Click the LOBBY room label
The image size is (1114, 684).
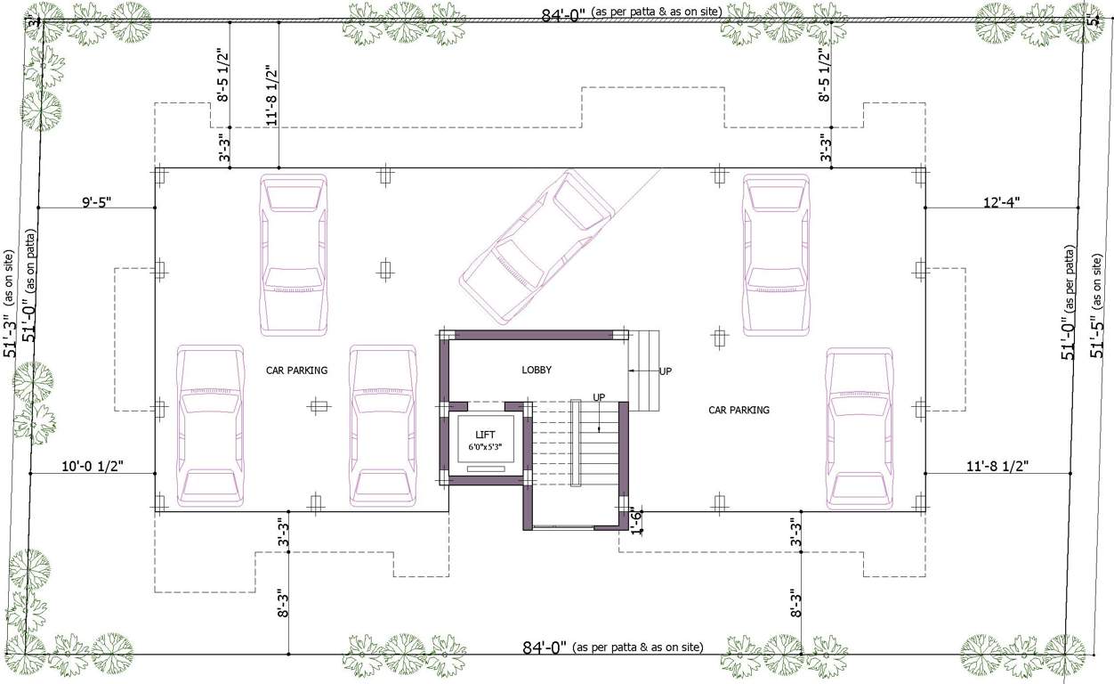(537, 370)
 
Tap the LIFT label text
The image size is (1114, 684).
(485, 434)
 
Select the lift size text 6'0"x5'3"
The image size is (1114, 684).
(485, 446)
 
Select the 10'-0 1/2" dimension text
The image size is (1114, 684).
(92, 466)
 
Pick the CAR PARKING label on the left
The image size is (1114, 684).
(296, 370)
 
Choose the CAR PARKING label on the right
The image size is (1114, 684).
(739, 411)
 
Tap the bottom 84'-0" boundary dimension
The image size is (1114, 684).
(545, 647)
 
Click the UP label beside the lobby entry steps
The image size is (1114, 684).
(666, 370)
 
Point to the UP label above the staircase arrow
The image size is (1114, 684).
(601, 396)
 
